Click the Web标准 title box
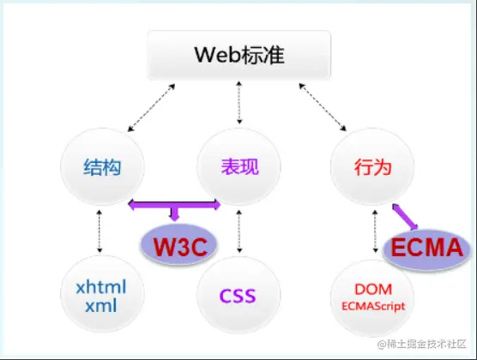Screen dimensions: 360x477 pos(238,57)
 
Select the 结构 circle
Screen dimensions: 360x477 pos(100,167)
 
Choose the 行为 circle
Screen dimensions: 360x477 pos(372,167)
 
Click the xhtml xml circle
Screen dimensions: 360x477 pos(100,295)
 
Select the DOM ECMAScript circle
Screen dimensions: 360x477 pos(372,296)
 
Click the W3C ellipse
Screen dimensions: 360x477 pos(176,244)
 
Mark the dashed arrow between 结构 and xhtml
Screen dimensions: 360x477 pos(100,230)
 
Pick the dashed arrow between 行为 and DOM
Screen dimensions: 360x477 pos(374,230)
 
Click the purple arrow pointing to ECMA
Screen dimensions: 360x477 pos(405,216)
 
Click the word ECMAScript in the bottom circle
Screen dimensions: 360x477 pos(372,304)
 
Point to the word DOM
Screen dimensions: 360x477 pos(372,290)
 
